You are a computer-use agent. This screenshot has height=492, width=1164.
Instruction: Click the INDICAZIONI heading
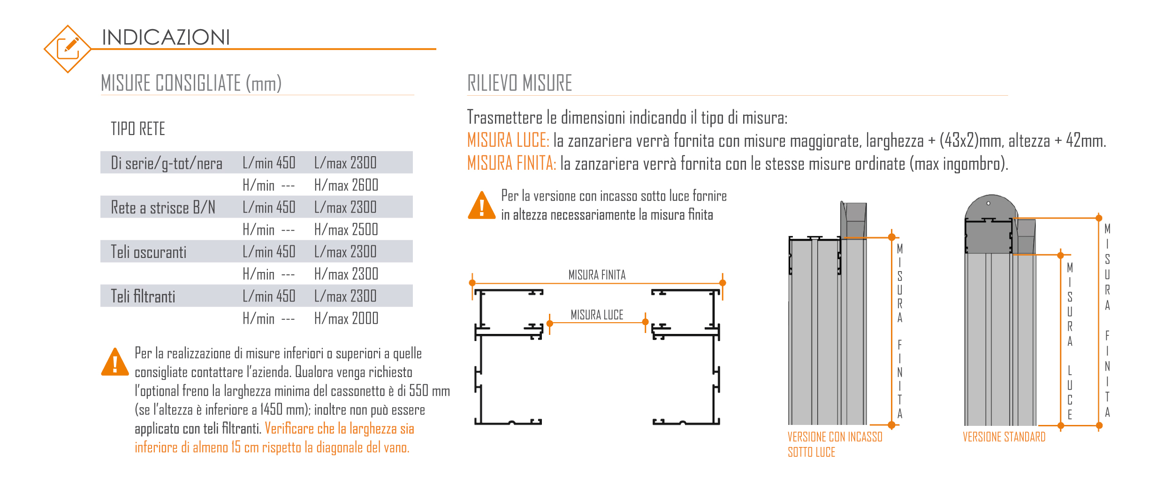coord(166,38)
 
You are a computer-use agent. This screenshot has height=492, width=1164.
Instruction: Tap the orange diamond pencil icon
coord(68,49)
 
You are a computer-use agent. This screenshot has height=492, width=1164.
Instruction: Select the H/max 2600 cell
coord(346,185)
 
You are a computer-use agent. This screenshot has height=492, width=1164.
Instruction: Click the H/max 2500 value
coord(346,230)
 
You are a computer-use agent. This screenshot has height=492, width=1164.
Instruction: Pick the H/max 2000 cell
coord(346,319)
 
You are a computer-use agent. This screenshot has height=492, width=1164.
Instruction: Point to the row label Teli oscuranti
coord(148,252)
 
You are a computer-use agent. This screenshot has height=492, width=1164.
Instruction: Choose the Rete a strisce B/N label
coord(163,208)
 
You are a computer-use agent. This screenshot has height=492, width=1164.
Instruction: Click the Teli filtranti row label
coord(143,296)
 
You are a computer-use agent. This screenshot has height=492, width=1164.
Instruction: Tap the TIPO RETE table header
coord(137,129)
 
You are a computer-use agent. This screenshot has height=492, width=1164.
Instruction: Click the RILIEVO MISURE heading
coord(519,83)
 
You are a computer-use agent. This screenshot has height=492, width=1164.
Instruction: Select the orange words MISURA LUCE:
coord(508,141)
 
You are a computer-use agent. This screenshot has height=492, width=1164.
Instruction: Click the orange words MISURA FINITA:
coord(511,164)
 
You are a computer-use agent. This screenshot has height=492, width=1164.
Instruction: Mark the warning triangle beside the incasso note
coord(481,206)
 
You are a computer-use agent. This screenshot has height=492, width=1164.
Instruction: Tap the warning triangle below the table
coord(115,363)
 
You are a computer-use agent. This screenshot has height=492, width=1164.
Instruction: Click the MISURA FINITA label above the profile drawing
coord(597,275)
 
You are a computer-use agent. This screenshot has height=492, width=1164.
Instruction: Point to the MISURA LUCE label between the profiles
coord(597,315)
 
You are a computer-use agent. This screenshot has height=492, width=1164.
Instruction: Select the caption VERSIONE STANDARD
coord(1004,437)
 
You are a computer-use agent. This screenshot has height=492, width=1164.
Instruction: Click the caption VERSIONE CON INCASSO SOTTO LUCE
coord(835,444)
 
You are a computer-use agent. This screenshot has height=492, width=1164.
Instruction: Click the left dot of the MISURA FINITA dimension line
coord(472,283)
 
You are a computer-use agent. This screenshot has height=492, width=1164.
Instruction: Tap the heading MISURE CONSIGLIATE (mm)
coord(191,83)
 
